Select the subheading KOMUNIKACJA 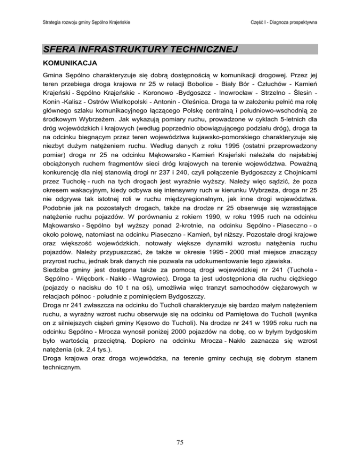[x=68, y=62]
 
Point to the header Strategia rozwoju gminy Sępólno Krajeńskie [x=86, y=22]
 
